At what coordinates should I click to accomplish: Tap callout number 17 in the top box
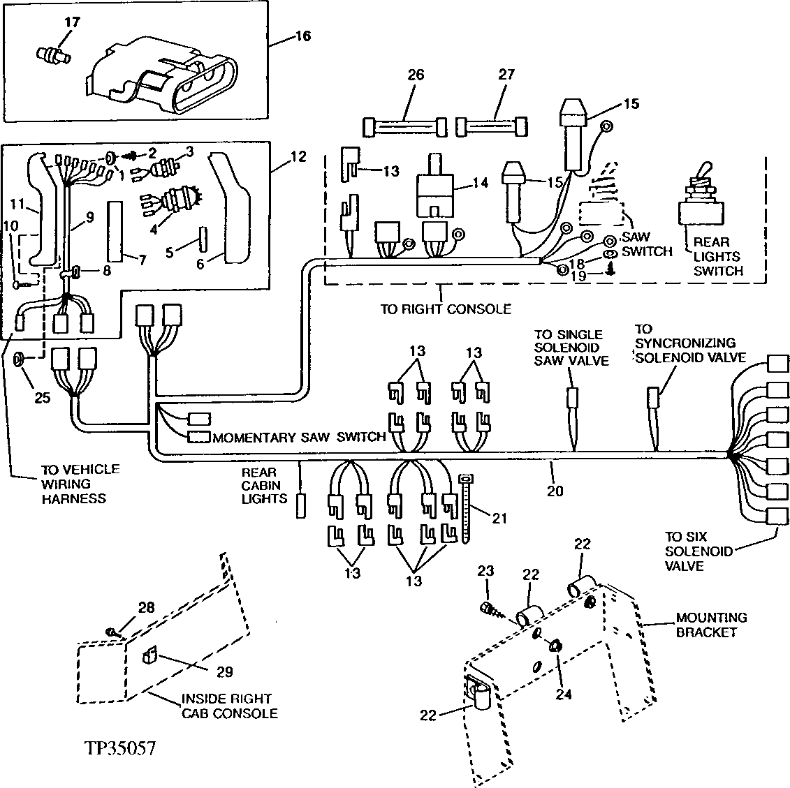72,22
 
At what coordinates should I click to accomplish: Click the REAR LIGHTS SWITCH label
717,257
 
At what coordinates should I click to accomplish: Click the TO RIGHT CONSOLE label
446,308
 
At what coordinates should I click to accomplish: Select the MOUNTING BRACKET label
710,625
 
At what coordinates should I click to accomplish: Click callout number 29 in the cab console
224,671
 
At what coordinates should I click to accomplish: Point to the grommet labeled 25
21,359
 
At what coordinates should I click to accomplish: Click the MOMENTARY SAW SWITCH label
299,437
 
